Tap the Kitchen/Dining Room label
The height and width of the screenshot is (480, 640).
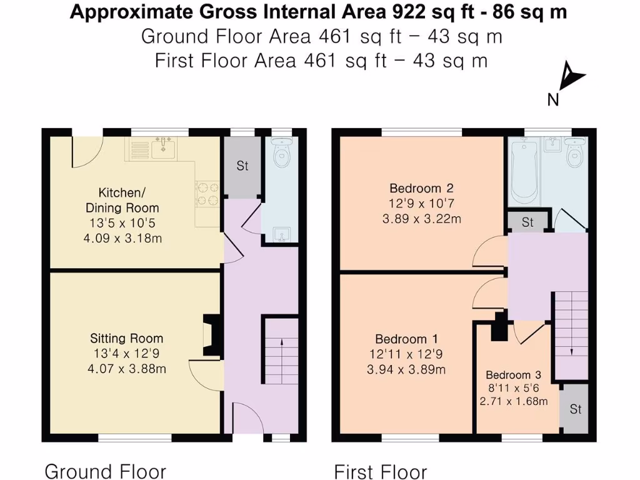(122, 200)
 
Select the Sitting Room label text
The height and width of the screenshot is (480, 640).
(127, 339)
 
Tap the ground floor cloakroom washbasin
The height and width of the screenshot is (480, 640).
(282, 235)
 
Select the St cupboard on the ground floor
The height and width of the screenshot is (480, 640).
(242, 166)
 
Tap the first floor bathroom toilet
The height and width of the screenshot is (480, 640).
(574, 154)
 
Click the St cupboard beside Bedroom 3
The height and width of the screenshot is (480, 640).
(575, 409)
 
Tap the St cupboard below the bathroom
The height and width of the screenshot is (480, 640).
(527, 222)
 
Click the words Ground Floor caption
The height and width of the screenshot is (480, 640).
(106, 471)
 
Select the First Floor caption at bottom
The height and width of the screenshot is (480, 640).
(381, 471)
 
